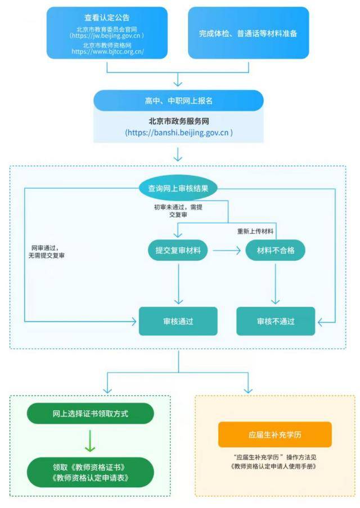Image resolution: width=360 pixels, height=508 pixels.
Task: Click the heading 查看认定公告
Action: click(x=107, y=17)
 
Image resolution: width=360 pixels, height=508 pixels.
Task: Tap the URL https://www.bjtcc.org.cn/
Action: click(x=107, y=52)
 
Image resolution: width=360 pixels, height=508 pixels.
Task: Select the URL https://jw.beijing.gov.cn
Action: click(x=107, y=35)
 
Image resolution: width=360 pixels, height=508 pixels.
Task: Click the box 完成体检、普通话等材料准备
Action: click(x=248, y=33)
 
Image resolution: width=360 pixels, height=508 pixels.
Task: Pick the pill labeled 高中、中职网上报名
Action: click(x=178, y=101)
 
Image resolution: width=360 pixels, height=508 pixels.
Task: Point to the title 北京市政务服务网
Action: click(x=178, y=120)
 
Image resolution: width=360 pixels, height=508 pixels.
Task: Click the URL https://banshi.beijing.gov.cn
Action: click(x=178, y=133)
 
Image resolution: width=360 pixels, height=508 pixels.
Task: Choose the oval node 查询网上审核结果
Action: click(x=178, y=189)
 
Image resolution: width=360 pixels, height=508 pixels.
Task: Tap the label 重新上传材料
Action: click(x=255, y=232)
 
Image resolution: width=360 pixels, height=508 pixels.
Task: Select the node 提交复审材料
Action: click(x=178, y=250)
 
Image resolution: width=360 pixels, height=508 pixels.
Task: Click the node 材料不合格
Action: click(x=276, y=250)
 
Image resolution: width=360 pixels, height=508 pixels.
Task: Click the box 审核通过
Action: click(x=178, y=321)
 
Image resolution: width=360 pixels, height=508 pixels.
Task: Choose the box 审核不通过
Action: click(x=276, y=321)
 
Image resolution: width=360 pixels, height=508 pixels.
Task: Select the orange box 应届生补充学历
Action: click(x=275, y=434)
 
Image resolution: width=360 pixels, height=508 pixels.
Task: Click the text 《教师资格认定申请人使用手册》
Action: click(x=275, y=466)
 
